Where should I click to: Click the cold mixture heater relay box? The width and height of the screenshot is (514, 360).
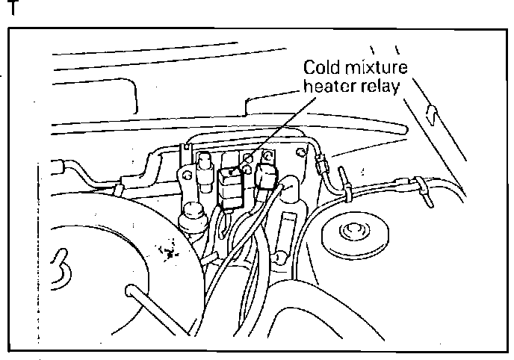(x=230, y=188)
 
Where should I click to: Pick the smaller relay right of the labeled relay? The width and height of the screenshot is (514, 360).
(x=267, y=176)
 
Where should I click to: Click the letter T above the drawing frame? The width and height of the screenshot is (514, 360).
(x=13, y=7)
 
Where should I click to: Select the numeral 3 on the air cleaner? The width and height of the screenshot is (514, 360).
(x=61, y=270)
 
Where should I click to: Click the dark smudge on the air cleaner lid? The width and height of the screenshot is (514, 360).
(x=168, y=251)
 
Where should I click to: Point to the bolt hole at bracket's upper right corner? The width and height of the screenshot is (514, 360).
(x=301, y=152)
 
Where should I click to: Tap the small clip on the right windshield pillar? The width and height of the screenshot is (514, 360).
(x=432, y=115)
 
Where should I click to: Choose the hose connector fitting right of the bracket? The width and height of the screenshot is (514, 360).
(x=321, y=164)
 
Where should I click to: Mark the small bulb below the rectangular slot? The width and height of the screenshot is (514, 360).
(x=279, y=257)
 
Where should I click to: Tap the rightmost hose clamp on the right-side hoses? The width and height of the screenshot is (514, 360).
(x=424, y=192)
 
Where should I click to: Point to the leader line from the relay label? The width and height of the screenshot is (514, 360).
(x=274, y=134)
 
